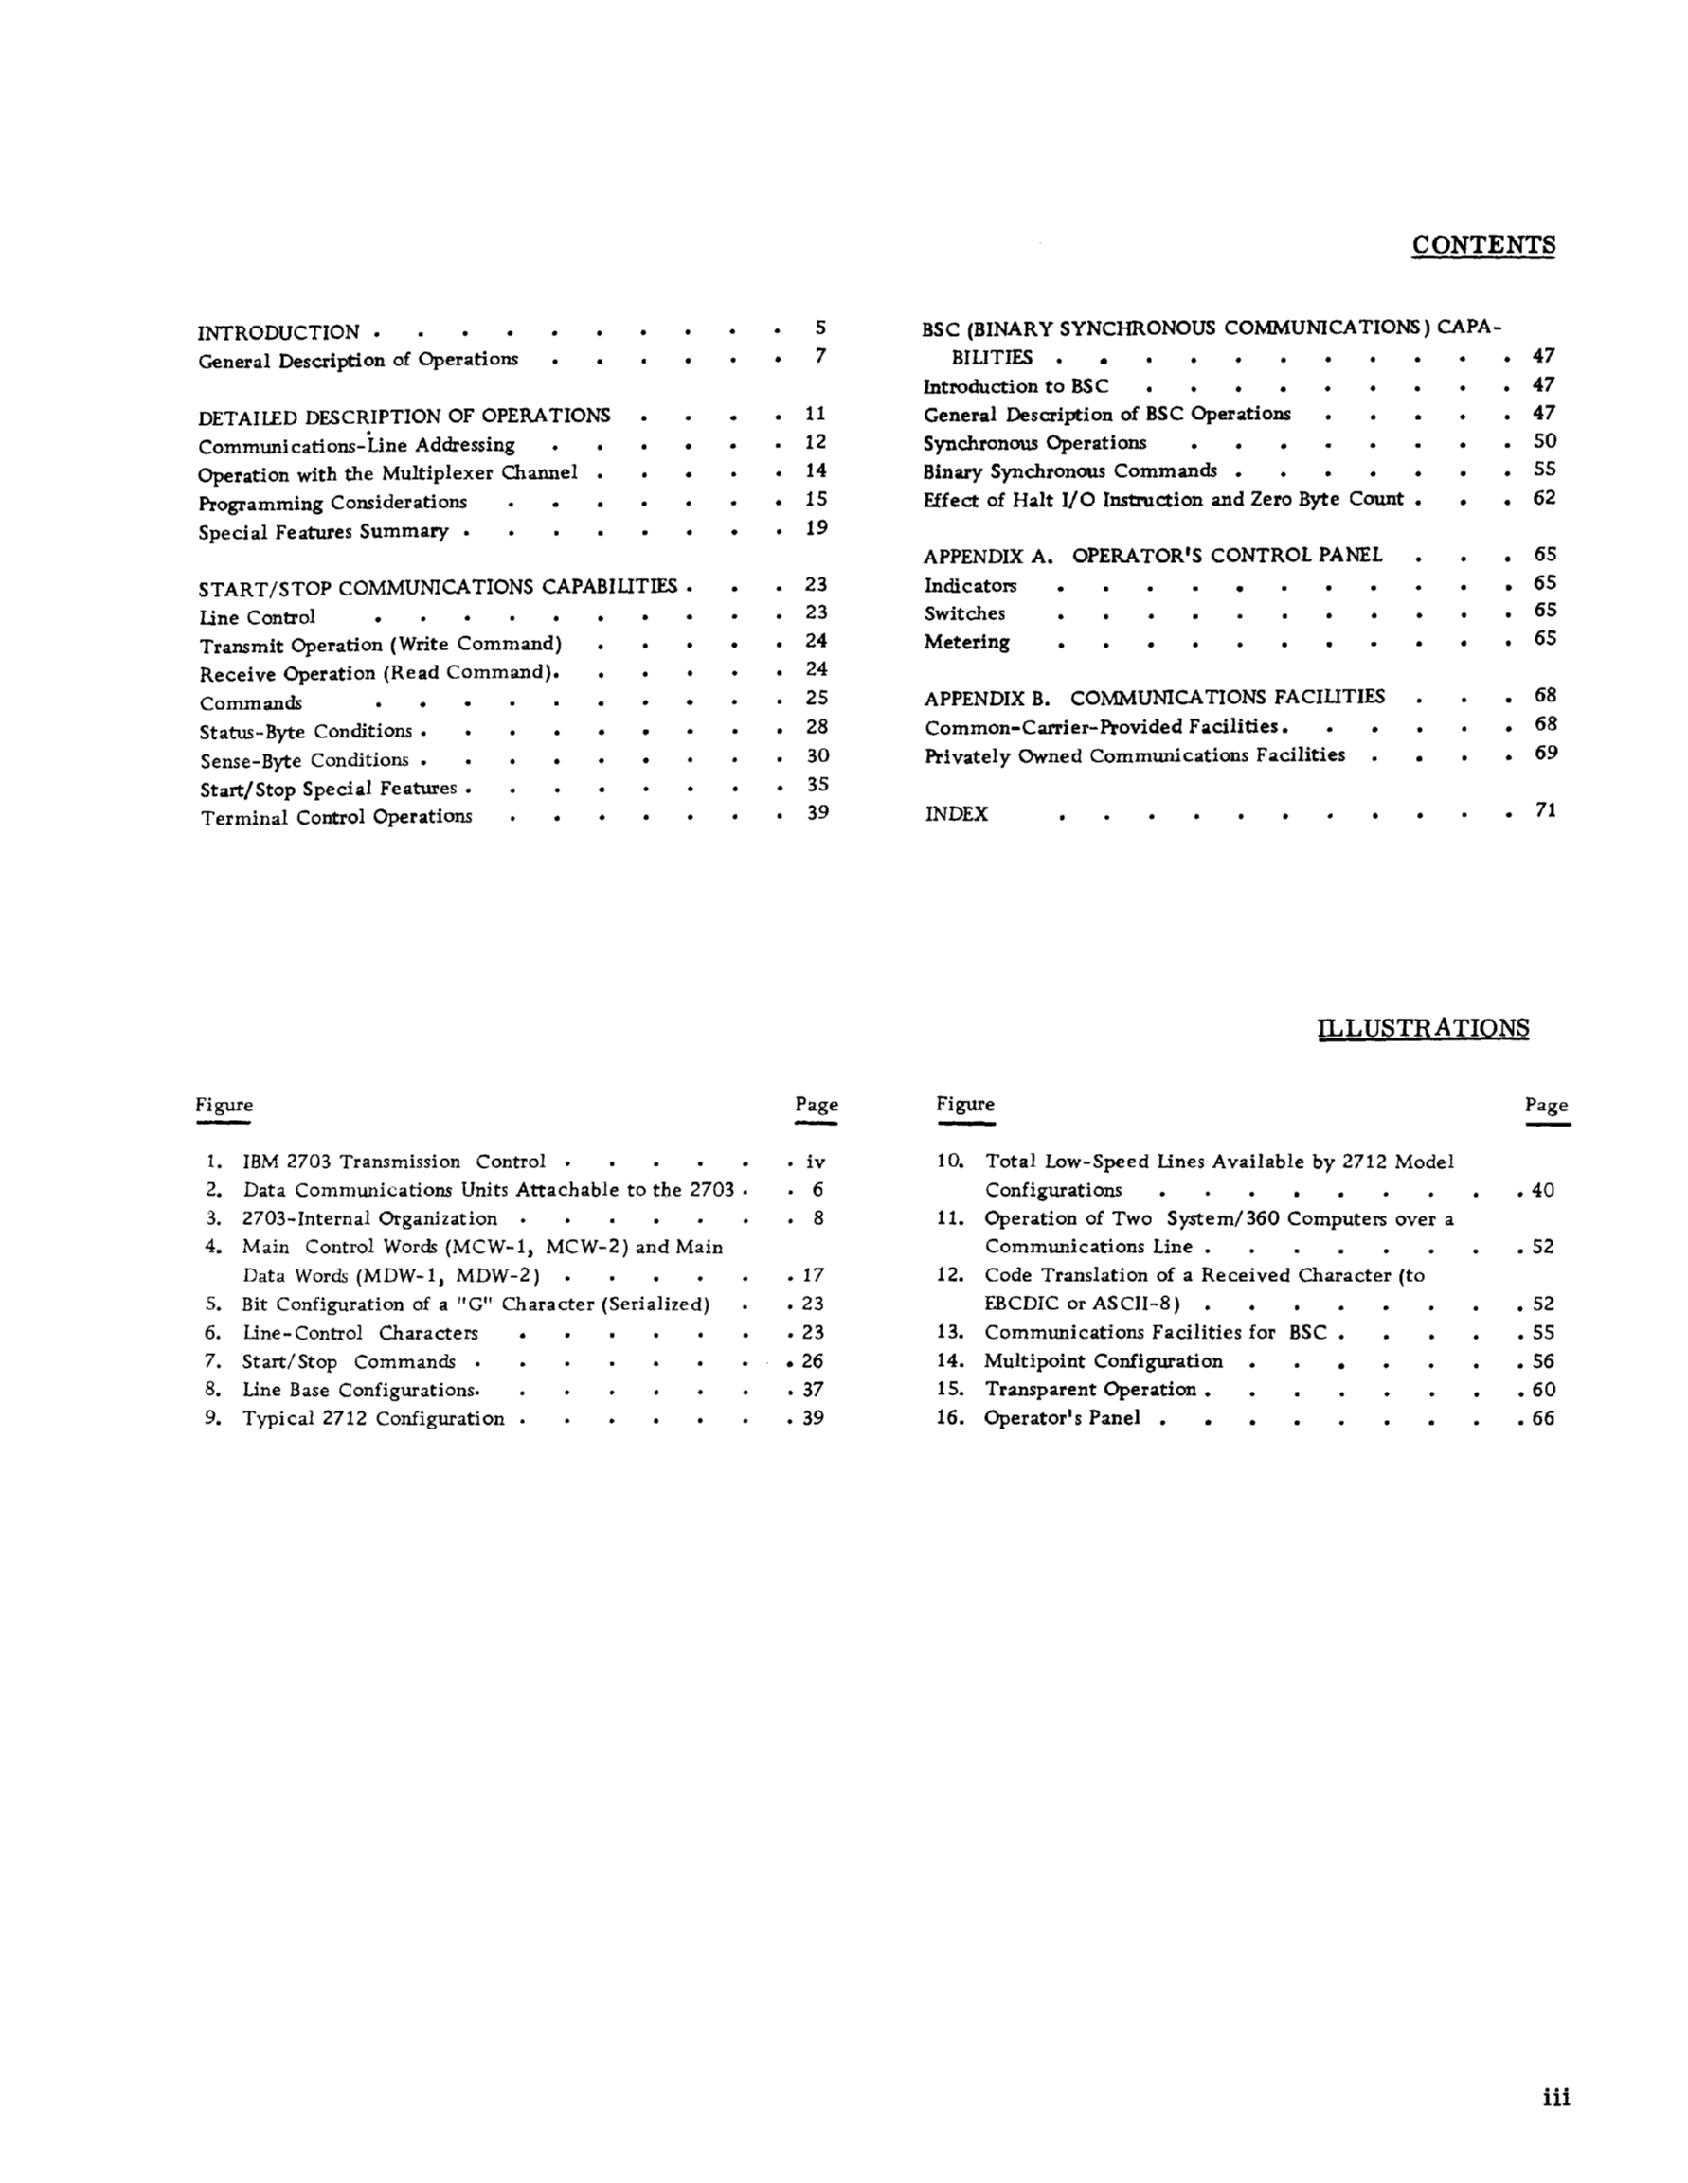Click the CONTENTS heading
pos(1483,246)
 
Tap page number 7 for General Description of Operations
pos(820,356)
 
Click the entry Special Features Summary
pos(323,532)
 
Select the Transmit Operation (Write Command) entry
pos(381,646)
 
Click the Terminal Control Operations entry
pos(336,818)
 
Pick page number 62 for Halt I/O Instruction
pos(1544,498)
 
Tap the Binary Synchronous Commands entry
pos(1070,470)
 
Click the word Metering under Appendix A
pos(966,643)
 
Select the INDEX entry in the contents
pos(956,813)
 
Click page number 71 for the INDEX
pos(1545,810)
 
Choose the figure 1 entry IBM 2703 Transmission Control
pos(394,1162)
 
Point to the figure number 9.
pos(212,1417)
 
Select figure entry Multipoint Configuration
pos(1103,1361)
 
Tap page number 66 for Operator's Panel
pos(1543,1418)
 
